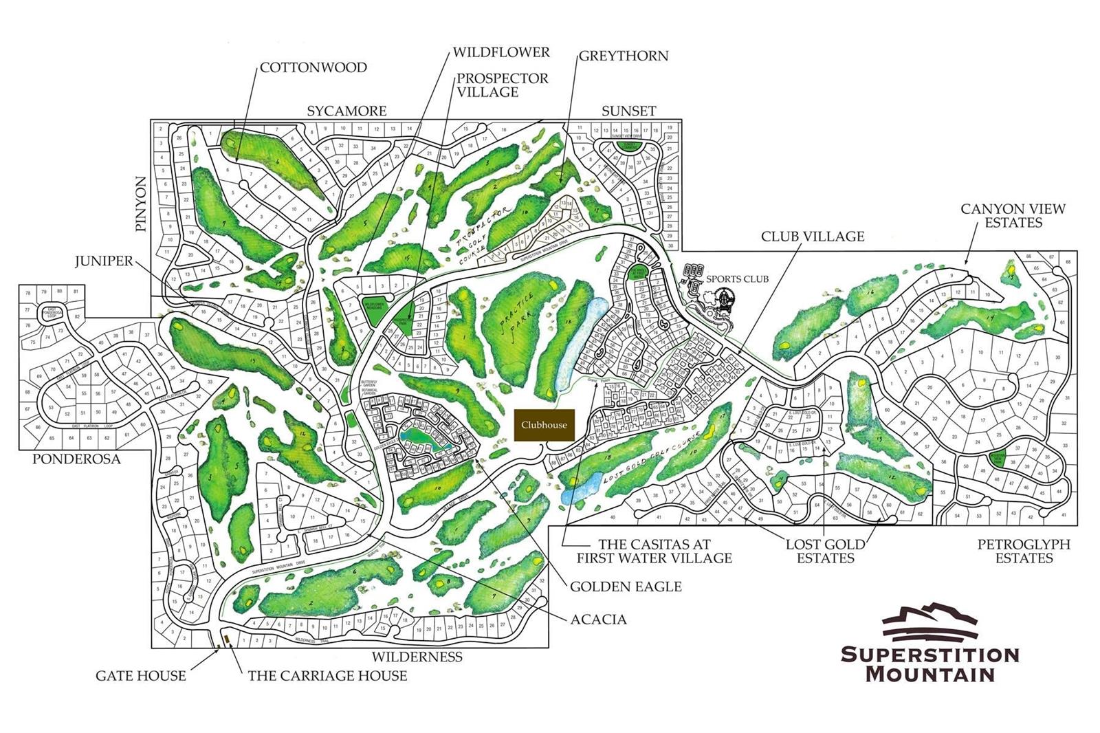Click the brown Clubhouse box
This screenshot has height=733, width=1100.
coord(544,425)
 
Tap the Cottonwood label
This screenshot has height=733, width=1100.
coord(313,67)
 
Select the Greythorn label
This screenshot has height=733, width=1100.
coord(623,56)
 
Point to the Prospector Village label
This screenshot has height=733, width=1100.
coord(502,85)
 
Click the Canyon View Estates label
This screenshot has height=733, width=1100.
coord(1013,215)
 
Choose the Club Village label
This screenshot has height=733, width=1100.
coord(812,236)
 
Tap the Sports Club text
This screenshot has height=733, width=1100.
coord(737,278)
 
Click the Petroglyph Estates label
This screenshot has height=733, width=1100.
coord(1024,551)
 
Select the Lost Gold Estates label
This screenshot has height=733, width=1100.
coord(825,551)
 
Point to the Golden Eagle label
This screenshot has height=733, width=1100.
coord(626,586)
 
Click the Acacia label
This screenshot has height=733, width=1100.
coord(598,619)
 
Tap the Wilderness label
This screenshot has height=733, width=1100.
coord(417,656)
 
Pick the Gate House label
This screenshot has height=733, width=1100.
coord(140,675)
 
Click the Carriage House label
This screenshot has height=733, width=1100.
coord(327,675)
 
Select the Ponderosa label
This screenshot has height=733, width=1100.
coord(76,459)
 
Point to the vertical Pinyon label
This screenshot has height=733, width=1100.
coord(141,204)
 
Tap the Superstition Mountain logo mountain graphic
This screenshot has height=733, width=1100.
coord(929,621)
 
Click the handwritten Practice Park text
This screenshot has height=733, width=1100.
coord(515,322)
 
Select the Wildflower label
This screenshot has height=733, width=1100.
coord(501,52)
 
